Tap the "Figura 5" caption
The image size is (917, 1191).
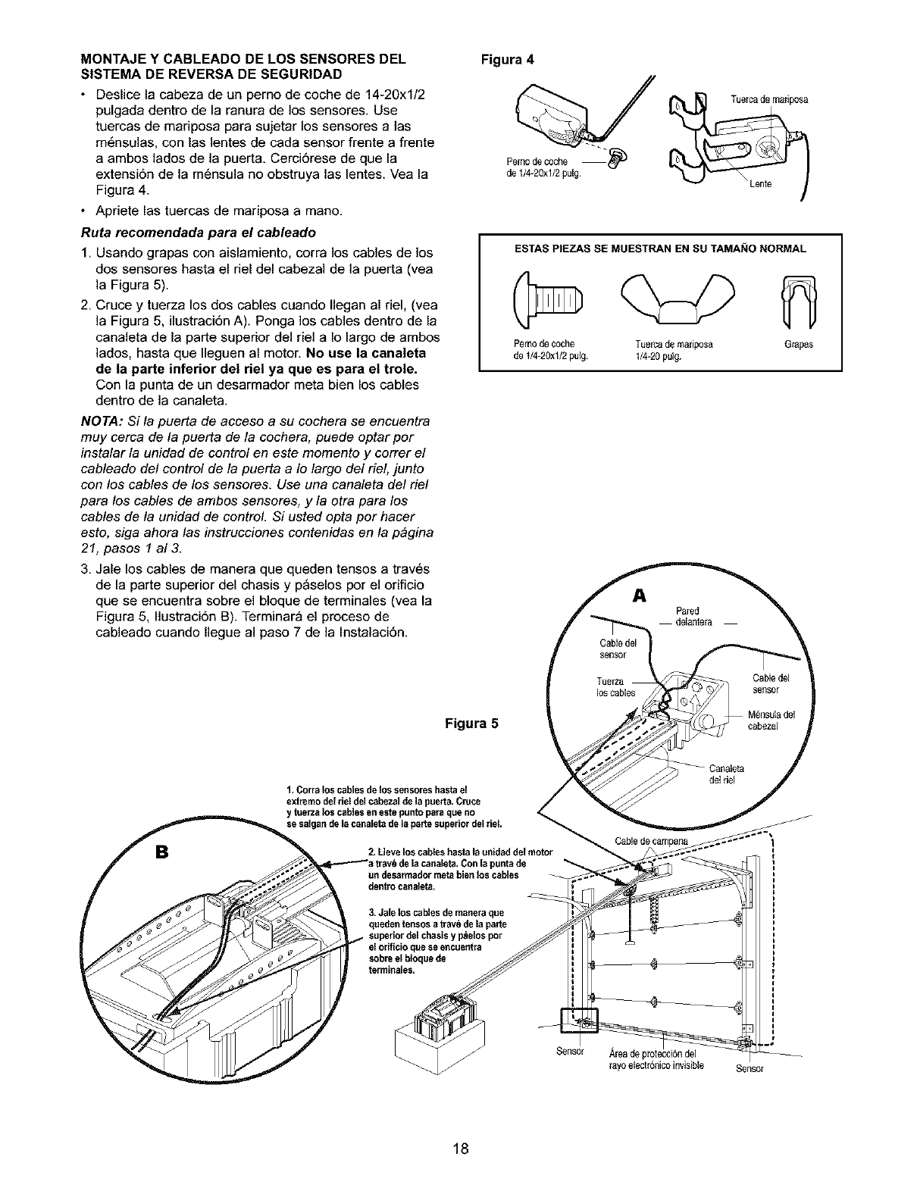click(x=471, y=721)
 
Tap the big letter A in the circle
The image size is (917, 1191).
click(x=637, y=596)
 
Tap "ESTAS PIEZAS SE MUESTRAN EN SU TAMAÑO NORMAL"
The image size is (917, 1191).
click(x=660, y=248)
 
